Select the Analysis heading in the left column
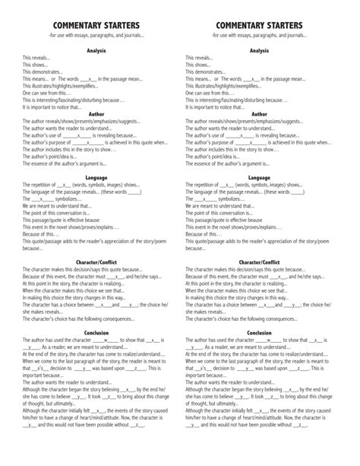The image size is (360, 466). click(96, 51)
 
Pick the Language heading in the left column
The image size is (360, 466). click(96, 177)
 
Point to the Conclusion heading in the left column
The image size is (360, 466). click(96, 332)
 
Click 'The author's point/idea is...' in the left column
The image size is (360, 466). click(53, 156)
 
